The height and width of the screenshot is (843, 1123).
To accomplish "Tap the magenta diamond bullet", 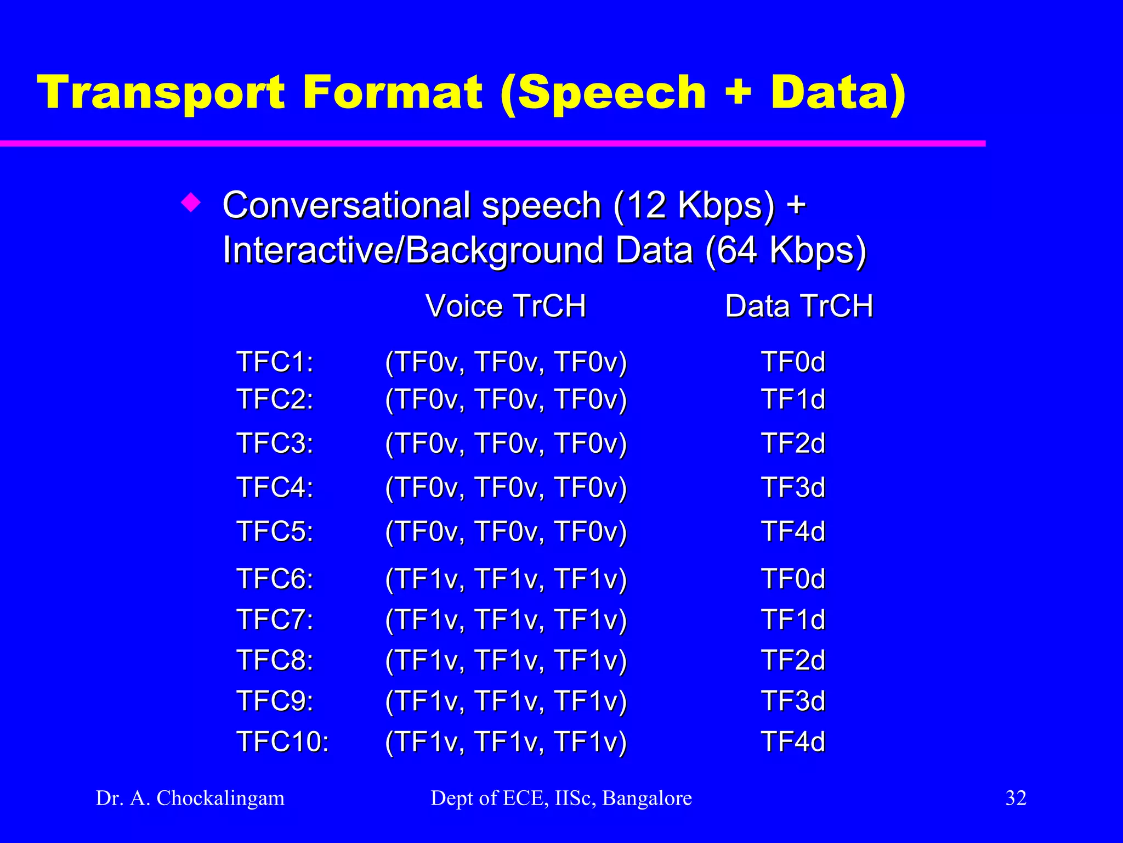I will [191, 204].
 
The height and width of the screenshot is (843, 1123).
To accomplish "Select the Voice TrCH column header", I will [506, 306].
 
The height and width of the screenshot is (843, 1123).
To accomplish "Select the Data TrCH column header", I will [798, 306].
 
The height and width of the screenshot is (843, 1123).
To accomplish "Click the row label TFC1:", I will [275, 362].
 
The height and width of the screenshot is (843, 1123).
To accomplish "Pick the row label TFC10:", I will [282, 741].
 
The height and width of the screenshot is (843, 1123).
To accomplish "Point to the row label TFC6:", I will [275, 579].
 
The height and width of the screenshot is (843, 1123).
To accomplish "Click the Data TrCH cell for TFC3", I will [793, 443].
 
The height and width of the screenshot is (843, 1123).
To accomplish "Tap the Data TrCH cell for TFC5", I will [793, 531].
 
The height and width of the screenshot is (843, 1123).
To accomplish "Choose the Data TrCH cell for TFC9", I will [793, 701].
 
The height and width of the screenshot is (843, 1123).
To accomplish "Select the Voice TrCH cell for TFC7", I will [506, 620].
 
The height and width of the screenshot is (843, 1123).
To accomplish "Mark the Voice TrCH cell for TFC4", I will [506, 487].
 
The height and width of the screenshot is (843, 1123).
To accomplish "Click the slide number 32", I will [1016, 798].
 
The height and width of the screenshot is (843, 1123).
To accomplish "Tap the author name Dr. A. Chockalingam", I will [190, 798].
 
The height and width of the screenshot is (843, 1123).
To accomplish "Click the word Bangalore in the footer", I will [647, 798].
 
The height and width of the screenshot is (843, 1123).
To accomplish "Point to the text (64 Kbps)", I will [785, 251].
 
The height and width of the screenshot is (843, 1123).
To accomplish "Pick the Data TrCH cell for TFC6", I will [793, 579].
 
